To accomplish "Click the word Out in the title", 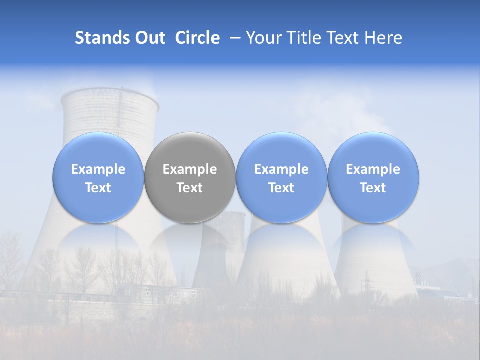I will click(149, 38).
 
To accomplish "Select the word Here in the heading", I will click(384, 38).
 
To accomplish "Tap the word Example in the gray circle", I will click(190, 169).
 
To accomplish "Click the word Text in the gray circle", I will click(190, 188).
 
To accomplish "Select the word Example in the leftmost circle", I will click(98, 169).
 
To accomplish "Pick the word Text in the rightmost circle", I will click(373, 188).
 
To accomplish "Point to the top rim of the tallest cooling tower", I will click(110, 93).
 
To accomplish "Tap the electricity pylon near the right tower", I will click(367, 282).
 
